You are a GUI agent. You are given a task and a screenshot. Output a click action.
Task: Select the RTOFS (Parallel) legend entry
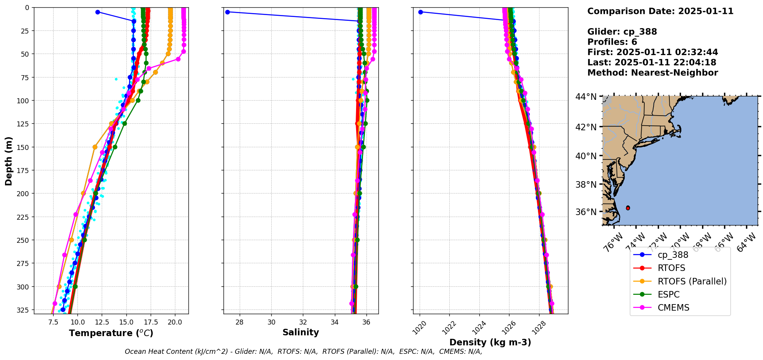pyautogui.click(x=692, y=281)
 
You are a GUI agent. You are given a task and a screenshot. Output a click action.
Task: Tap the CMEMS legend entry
pyautogui.click(x=673, y=308)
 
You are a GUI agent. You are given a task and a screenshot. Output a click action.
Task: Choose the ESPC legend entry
pyautogui.click(x=669, y=294)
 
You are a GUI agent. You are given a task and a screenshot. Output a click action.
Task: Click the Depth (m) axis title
pyautogui.click(x=8, y=161)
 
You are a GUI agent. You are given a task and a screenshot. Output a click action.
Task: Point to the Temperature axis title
pyautogui.click(x=111, y=333)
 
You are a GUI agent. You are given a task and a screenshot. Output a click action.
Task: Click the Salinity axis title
pyautogui.click(x=301, y=332)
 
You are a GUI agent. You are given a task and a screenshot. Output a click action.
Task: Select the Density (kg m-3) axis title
pyautogui.click(x=490, y=342)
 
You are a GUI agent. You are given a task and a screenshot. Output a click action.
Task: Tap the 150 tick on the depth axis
pyautogui.click(x=24, y=147)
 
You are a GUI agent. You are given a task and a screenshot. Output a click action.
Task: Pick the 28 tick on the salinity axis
pyautogui.click(x=239, y=322)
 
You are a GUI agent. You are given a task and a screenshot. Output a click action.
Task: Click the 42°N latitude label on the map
pyautogui.click(x=586, y=127)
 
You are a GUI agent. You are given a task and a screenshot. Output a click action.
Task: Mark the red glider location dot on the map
pyautogui.click(x=628, y=208)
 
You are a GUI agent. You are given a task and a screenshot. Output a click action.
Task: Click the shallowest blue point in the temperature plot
pyautogui.click(x=97, y=12)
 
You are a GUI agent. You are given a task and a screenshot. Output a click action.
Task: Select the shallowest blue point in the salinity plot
pyautogui.click(x=227, y=12)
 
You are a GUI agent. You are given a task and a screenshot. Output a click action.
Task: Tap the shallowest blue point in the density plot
pyautogui.click(x=420, y=12)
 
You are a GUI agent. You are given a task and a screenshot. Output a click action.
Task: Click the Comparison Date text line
pyautogui.click(x=660, y=11)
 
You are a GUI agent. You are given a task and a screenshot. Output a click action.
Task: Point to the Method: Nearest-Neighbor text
pyautogui.click(x=652, y=73)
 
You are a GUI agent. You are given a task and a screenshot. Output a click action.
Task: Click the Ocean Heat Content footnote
pyautogui.click(x=303, y=352)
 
